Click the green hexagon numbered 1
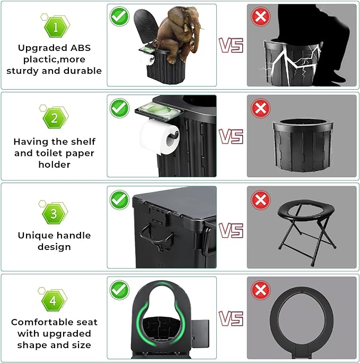[x=56, y=28]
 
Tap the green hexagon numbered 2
[x=54, y=118]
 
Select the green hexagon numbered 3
[x=54, y=213]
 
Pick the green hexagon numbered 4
[x=53, y=301]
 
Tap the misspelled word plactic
[x=38, y=59]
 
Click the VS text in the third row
[x=231, y=230]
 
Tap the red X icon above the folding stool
[x=261, y=200]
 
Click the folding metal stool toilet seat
[x=307, y=231]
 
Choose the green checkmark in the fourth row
[x=119, y=290]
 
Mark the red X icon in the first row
[x=261, y=16]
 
